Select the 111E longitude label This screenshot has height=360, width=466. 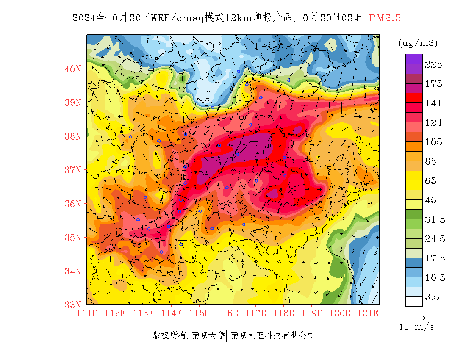click(x=87, y=313)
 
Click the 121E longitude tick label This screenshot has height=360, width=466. click(x=368, y=313)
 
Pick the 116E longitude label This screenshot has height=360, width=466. click(x=227, y=313)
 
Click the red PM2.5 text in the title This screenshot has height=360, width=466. click(x=385, y=18)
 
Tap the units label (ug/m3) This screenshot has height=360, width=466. click(x=418, y=43)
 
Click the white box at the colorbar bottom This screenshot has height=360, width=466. click(x=414, y=301)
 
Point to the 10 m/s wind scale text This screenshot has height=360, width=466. click(x=416, y=327)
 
